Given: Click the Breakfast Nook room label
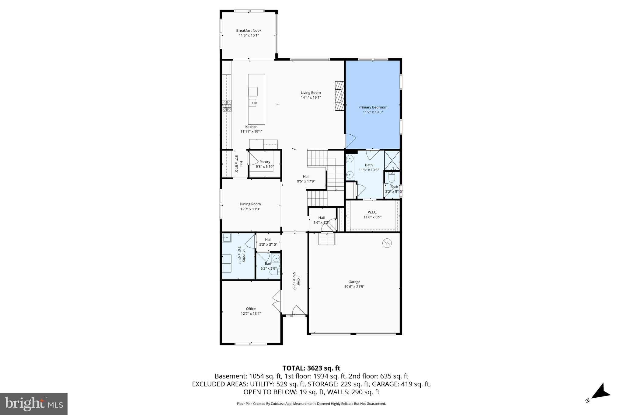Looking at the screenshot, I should coord(249,30).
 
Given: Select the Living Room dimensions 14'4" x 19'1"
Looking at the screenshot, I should coord(311,98).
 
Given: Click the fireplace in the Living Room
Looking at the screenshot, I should coord(339,96).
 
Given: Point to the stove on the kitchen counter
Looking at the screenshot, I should coord(227,106).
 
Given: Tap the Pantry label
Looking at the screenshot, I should coord(265,162).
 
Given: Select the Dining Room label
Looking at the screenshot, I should coord(250,204).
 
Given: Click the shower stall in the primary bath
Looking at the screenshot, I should coord(392,160).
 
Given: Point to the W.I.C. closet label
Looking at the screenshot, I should coord(372,212).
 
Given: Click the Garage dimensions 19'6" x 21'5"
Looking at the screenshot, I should coord(354,287).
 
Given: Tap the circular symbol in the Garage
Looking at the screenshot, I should coord(387,243).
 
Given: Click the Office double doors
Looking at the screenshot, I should coord(277,301).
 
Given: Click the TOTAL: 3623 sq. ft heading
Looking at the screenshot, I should coord(311,368).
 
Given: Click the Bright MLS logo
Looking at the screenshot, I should coord(34,404).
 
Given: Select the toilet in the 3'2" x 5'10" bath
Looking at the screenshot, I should coord(392,177).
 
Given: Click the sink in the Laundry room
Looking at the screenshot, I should coord(227,238).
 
